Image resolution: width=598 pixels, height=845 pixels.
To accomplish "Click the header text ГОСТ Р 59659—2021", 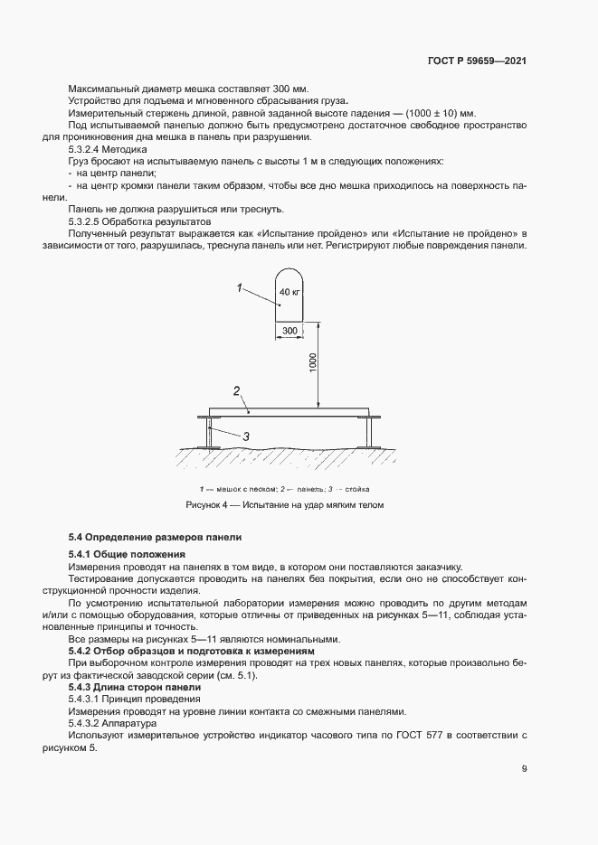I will pyautogui.click(x=477, y=61).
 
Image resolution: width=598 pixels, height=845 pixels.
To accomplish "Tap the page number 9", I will pyautogui.click(x=525, y=770).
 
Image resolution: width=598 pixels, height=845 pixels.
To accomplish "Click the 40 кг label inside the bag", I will pyautogui.click(x=290, y=293).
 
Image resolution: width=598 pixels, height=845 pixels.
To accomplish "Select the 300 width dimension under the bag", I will pyautogui.click(x=290, y=332).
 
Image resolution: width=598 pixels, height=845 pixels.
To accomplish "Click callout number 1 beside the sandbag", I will pyautogui.click(x=240, y=287).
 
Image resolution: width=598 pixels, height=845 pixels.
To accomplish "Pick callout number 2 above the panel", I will pyautogui.click(x=235, y=391).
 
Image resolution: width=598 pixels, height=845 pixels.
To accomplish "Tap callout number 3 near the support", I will pyautogui.click(x=244, y=436).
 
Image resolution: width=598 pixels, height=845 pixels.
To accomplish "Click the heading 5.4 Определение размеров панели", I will pyautogui.click(x=155, y=538).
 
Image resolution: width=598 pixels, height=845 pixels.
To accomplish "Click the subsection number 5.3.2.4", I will pyautogui.click(x=89, y=148).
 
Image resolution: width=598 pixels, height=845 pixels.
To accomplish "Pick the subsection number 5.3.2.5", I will pyautogui.click(x=89, y=221).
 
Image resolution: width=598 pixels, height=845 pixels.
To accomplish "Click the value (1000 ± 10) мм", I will pyautogui.click(x=432, y=113).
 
